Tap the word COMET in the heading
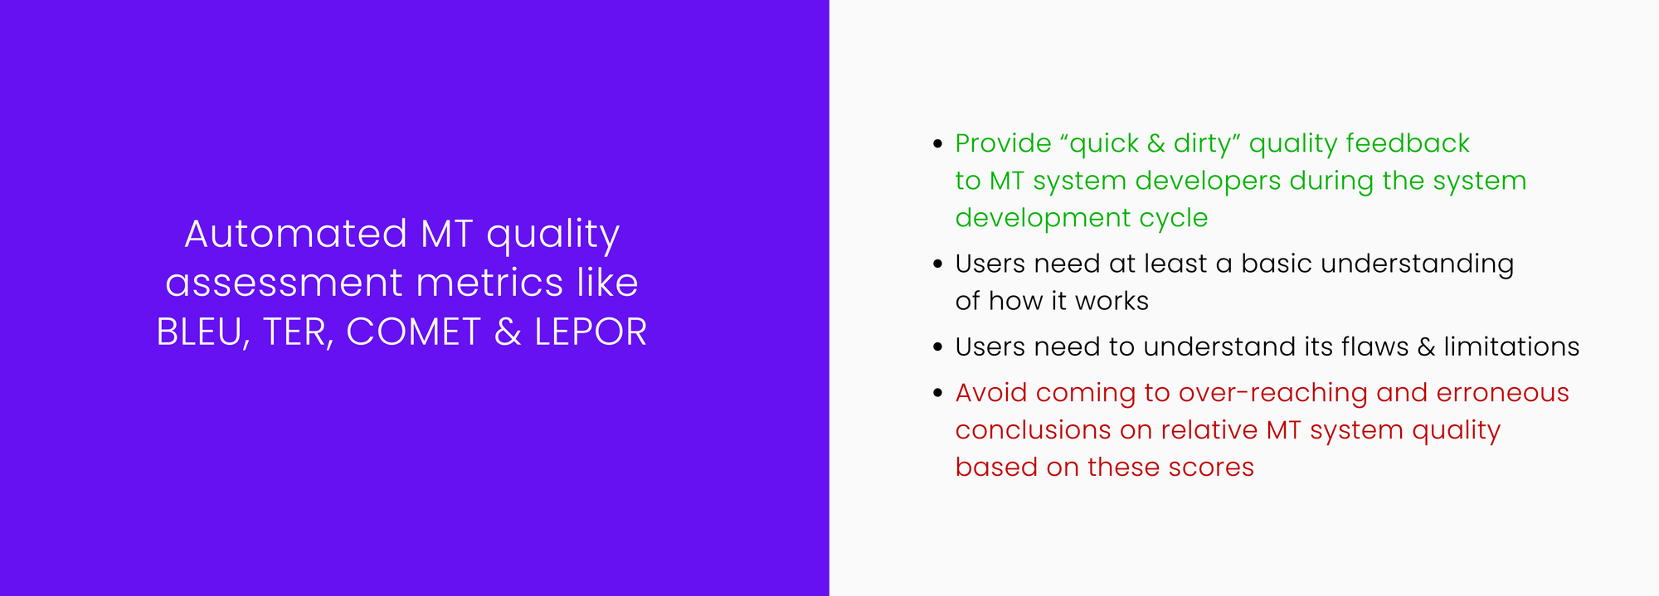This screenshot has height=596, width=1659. (412, 332)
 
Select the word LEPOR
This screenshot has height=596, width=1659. (590, 332)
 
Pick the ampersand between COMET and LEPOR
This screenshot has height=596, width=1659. (507, 332)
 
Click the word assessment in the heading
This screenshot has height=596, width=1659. (284, 283)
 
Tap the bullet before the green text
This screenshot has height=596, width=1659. (937, 144)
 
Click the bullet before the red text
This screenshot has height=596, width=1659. (937, 393)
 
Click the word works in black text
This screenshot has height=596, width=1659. (1112, 301)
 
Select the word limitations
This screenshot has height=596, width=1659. (1511, 346)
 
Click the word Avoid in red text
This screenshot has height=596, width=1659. (990, 393)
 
